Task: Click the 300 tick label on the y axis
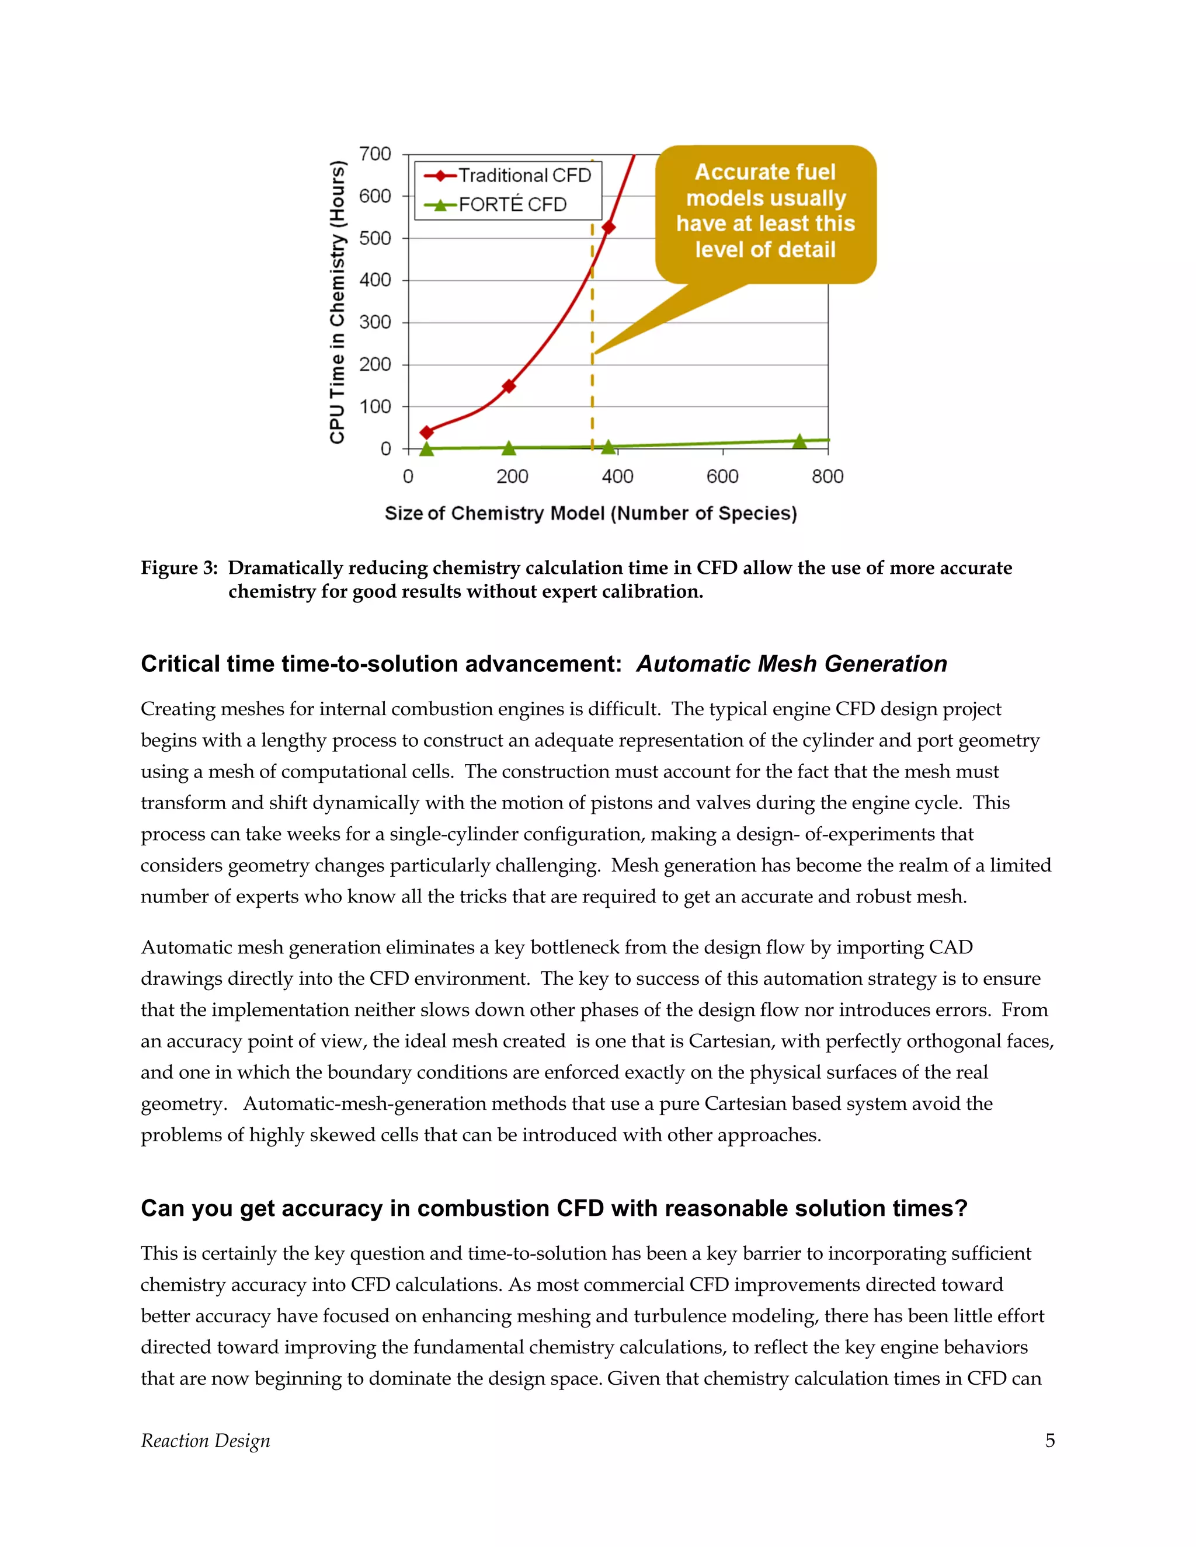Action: click(x=375, y=322)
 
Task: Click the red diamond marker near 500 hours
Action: click(x=608, y=227)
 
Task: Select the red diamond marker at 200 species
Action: click(x=508, y=386)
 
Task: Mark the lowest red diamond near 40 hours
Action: click(x=426, y=432)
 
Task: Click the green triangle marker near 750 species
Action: click(x=799, y=441)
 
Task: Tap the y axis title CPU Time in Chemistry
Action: click(x=338, y=302)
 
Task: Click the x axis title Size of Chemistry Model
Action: click(x=590, y=514)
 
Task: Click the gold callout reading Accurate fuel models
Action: click(x=765, y=211)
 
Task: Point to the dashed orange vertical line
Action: click(x=592, y=396)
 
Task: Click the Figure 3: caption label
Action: click(x=179, y=568)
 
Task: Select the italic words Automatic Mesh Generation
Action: click(x=791, y=664)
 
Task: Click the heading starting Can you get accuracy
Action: click(x=554, y=1208)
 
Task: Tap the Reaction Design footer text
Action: click(x=206, y=1440)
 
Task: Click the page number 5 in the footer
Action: click(x=1049, y=1440)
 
